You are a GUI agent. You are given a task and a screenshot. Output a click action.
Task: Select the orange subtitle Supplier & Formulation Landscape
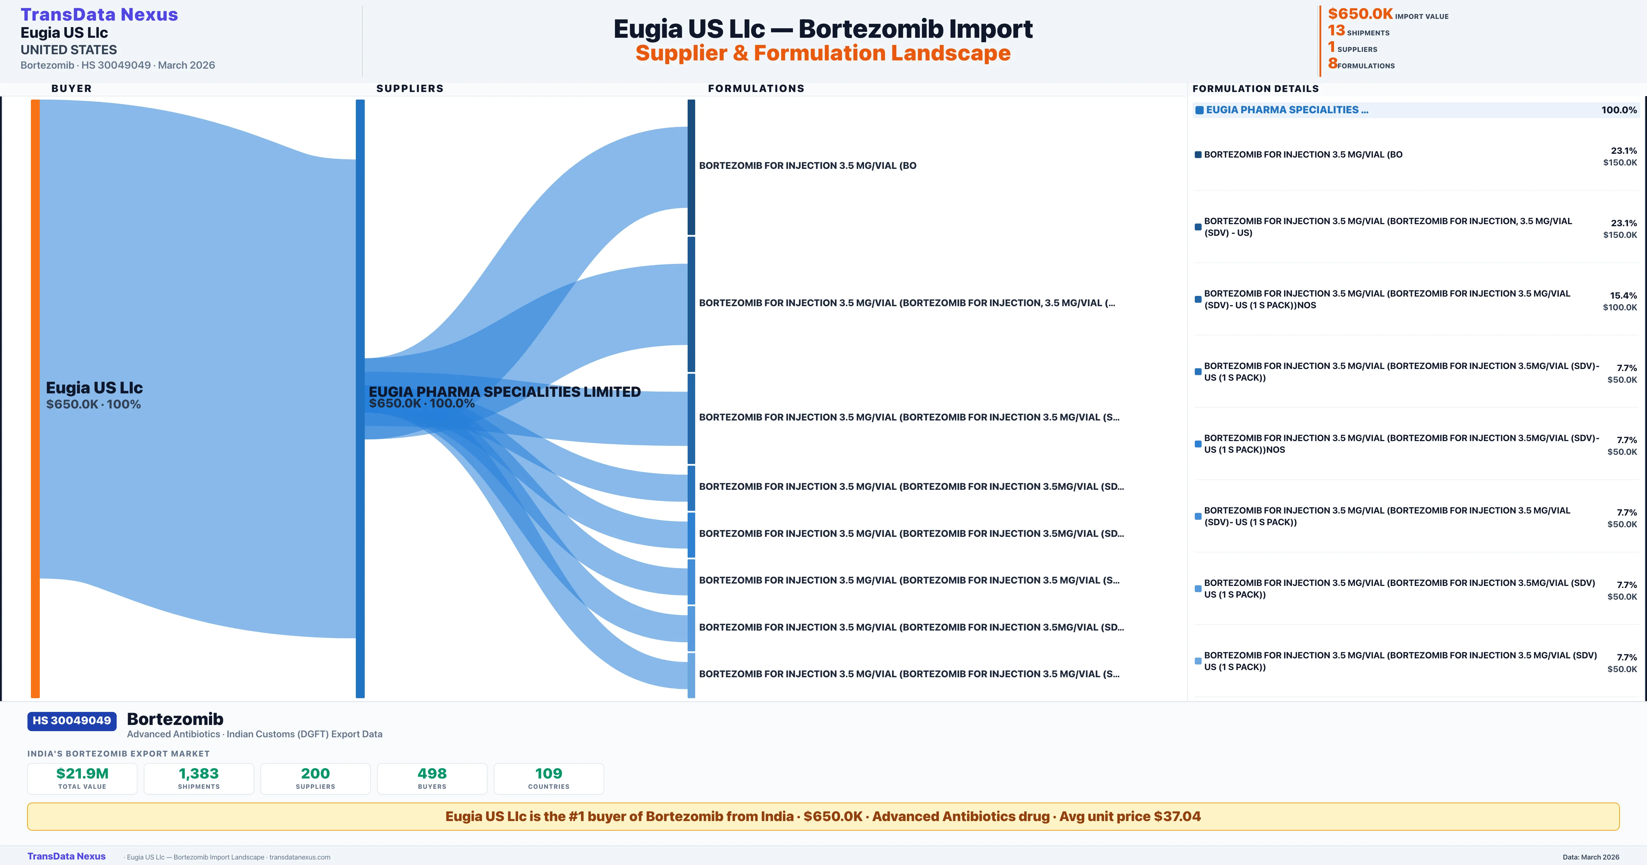[x=823, y=53]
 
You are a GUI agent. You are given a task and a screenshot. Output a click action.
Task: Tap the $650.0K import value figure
[x=1360, y=13]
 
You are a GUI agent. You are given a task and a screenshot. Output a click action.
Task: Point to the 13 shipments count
[x=1336, y=30]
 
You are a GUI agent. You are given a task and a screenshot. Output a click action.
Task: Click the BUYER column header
[x=72, y=88]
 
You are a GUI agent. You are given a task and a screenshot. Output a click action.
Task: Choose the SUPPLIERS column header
[x=410, y=88]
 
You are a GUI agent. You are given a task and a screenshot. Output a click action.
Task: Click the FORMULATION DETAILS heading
[x=1256, y=88]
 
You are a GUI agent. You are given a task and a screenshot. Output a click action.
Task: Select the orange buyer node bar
[x=35, y=398]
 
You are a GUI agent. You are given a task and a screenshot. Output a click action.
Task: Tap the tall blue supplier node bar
[x=360, y=398]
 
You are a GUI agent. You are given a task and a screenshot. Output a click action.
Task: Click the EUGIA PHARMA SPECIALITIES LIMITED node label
[x=504, y=392]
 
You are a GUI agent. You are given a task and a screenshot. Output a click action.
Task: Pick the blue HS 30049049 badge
[x=72, y=720]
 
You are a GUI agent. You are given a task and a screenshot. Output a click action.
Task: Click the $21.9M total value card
[x=82, y=778]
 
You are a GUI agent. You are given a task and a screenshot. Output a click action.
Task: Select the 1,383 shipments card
[x=199, y=778]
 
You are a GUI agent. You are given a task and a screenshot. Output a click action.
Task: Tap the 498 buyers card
[x=432, y=778]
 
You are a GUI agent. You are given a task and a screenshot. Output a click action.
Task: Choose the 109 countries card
[x=549, y=778]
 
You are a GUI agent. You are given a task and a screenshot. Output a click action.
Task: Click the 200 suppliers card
[x=315, y=778]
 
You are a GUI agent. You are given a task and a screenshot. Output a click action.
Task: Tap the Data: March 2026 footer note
[x=1591, y=857]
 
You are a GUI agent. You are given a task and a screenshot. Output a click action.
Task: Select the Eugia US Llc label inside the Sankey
[x=94, y=388]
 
